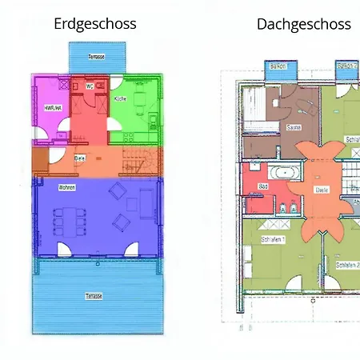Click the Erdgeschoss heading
pos(95,24)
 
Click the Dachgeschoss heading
pos(303,24)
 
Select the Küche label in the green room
pos(120,98)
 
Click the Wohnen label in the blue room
pos(66,188)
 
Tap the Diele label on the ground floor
pos(79,158)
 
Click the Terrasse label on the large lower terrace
pos(94,295)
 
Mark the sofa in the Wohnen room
pos(146,202)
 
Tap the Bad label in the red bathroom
pos(262,187)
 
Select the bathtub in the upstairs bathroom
pos(284,173)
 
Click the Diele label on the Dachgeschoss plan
pos(322,190)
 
